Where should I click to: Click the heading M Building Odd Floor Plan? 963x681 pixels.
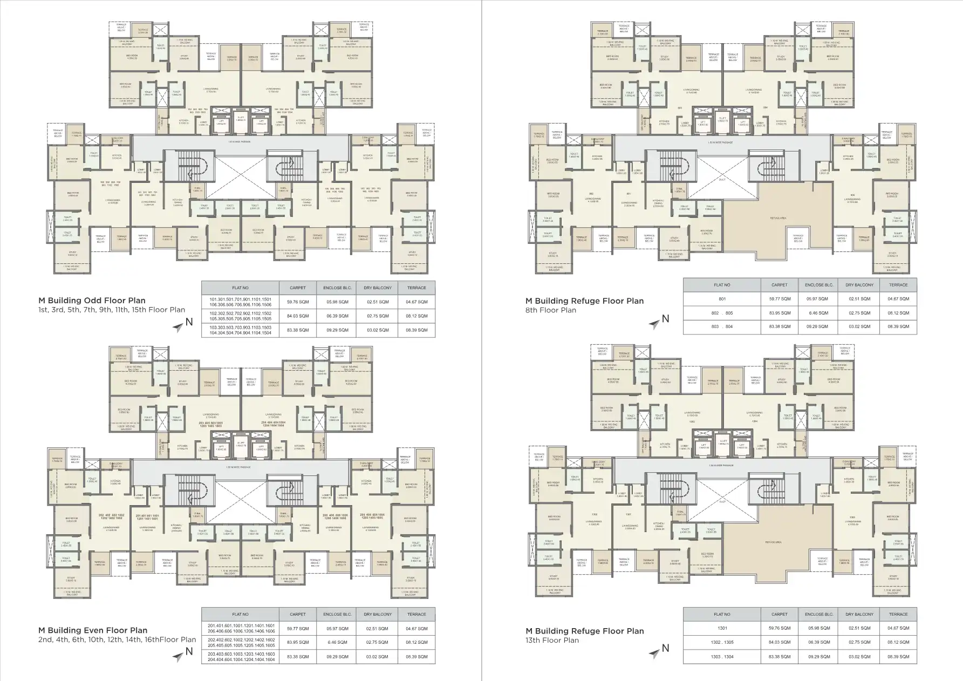(x=92, y=301)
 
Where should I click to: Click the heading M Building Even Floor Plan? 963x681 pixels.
(x=93, y=630)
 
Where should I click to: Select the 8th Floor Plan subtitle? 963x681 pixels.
(x=551, y=310)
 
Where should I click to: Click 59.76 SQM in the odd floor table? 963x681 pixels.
(x=298, y=302)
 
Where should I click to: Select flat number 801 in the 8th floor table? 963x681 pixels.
(x=722, y=299)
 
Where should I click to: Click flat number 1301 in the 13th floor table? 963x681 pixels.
(x=722, y=628)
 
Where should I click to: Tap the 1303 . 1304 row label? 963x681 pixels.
(x=722, y=656)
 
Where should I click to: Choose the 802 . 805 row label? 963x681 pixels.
(x=722, y=313)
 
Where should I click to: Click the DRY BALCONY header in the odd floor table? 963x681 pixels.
(x=378, y=288)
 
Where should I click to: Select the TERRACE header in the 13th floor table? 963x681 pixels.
(x=898, y=614)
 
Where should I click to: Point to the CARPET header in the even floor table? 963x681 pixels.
(x=298, y=614)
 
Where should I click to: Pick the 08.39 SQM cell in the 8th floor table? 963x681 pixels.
(x=898, y=326)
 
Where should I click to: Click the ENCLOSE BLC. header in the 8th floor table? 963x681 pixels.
(x=819, y=285)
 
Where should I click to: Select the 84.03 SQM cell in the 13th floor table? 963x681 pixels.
(x=780, y=642)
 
